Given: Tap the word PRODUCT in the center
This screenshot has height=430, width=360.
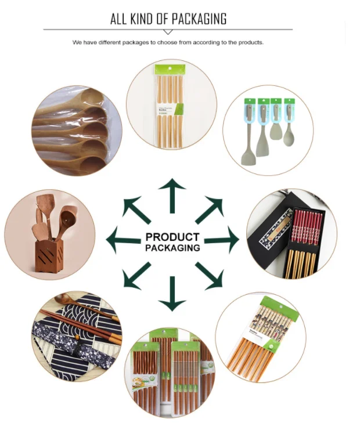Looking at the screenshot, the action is pos(172,237).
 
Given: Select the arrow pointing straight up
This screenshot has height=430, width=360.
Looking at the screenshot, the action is pos(172,195).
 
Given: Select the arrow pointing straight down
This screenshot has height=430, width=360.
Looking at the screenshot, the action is pos(172,293).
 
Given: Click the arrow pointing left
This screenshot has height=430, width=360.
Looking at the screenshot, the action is pos(123,240).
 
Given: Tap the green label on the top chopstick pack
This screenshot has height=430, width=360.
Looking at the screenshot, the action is pos(179,108).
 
